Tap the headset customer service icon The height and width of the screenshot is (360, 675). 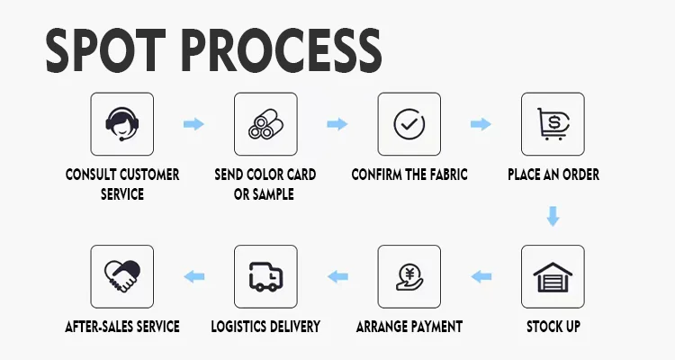[x=122, y=124]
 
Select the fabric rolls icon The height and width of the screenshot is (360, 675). [x=265, y=124]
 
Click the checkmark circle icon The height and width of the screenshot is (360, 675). [x=409, y=124]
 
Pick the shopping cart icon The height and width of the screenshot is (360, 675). [x=553, y=124]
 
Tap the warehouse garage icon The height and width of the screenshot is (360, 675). [x=553, y=276]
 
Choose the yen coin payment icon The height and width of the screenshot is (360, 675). [x=409, y=276]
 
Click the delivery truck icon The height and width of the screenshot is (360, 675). [x=265, y=276]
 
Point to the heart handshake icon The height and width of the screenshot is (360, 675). [x=122, y=276]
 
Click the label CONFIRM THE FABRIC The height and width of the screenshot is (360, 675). [x=409, y=175]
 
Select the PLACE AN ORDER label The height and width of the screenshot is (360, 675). [x=553, y=175]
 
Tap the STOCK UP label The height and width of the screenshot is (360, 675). [x=553, y=326]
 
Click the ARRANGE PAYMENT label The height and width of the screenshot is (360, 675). [x=409, y=326]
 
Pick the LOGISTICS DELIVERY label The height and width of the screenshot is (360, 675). [x=265, y=326]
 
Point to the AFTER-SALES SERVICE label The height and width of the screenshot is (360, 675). [x=122, y=326]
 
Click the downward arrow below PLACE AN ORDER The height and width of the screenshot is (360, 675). [x=553, y=216]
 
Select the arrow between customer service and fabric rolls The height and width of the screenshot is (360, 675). [x=193, y=124]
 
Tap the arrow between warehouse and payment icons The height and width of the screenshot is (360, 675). [x=481, y=276]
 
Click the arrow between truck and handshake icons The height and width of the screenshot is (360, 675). [x=193, y=276]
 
